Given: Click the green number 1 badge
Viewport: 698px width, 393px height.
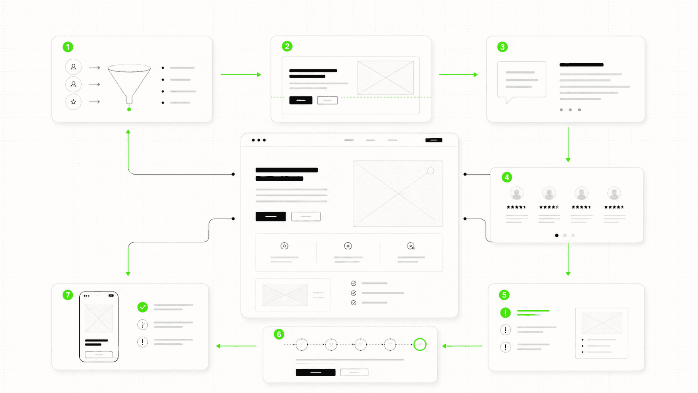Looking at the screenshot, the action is click(68, 47).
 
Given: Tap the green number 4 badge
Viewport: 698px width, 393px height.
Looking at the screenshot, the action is click(506, 177).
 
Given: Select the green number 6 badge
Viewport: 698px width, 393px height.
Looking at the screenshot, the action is click(279, 334).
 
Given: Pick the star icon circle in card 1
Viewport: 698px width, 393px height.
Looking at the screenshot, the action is click(73, 102).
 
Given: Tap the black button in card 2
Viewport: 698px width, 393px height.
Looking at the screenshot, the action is click(301, 100).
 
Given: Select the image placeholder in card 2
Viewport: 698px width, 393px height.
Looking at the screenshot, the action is click(385, 78).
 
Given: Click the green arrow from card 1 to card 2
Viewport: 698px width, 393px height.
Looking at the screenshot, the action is click(241, 75).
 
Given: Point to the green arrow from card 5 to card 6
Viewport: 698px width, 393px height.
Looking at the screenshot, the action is click(462, 346).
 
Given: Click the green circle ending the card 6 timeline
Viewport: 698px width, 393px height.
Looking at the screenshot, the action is click(420, 345).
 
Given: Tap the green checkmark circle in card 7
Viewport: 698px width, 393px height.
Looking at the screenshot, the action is click(142, 307).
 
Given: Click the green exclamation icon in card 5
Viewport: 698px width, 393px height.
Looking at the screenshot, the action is click(505, 312).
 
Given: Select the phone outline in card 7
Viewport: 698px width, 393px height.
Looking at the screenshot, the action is click(99, 327).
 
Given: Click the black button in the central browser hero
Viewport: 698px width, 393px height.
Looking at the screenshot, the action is click(271, 216).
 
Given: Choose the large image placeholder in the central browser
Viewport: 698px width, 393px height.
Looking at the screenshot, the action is click(397, 193).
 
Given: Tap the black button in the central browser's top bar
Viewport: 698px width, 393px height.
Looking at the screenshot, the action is click(433, 140).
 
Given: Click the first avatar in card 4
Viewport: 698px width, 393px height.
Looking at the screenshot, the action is click(516, 193).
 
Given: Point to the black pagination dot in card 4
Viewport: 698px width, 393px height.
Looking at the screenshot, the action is click(556, 236).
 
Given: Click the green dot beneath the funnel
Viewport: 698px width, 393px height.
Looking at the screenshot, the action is click(129, 109).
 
